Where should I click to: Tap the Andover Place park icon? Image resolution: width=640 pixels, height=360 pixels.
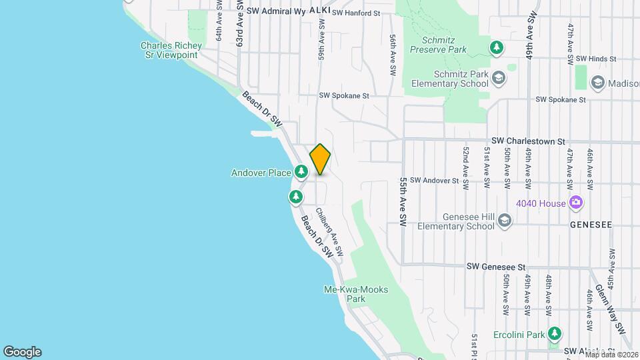[302, 173]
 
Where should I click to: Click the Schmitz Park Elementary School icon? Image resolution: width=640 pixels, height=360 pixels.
[498, 79]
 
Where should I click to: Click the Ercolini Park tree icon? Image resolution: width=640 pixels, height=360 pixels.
[555, 333]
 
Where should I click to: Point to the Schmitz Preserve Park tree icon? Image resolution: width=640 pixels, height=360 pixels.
[496, 48]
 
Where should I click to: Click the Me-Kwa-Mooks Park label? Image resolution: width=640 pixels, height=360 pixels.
[356, 294]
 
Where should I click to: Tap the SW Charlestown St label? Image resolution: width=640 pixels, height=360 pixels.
[528, 141]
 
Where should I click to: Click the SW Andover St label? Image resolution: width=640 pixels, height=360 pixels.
[434, 180]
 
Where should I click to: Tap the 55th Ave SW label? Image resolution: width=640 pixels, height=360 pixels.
[403, 201]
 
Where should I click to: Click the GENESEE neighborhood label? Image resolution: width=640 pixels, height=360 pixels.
[591, 225]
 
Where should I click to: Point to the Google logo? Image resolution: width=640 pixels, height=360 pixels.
[22, 352]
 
